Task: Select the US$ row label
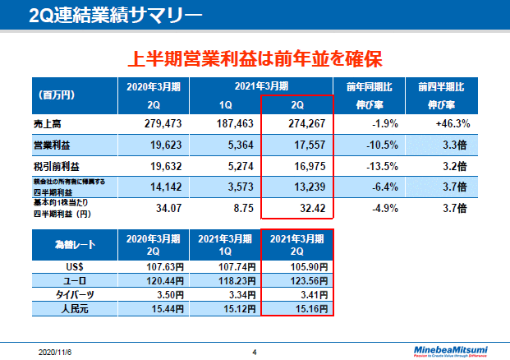click(x=69, y=267)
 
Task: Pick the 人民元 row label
click(x=69, y=308)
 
